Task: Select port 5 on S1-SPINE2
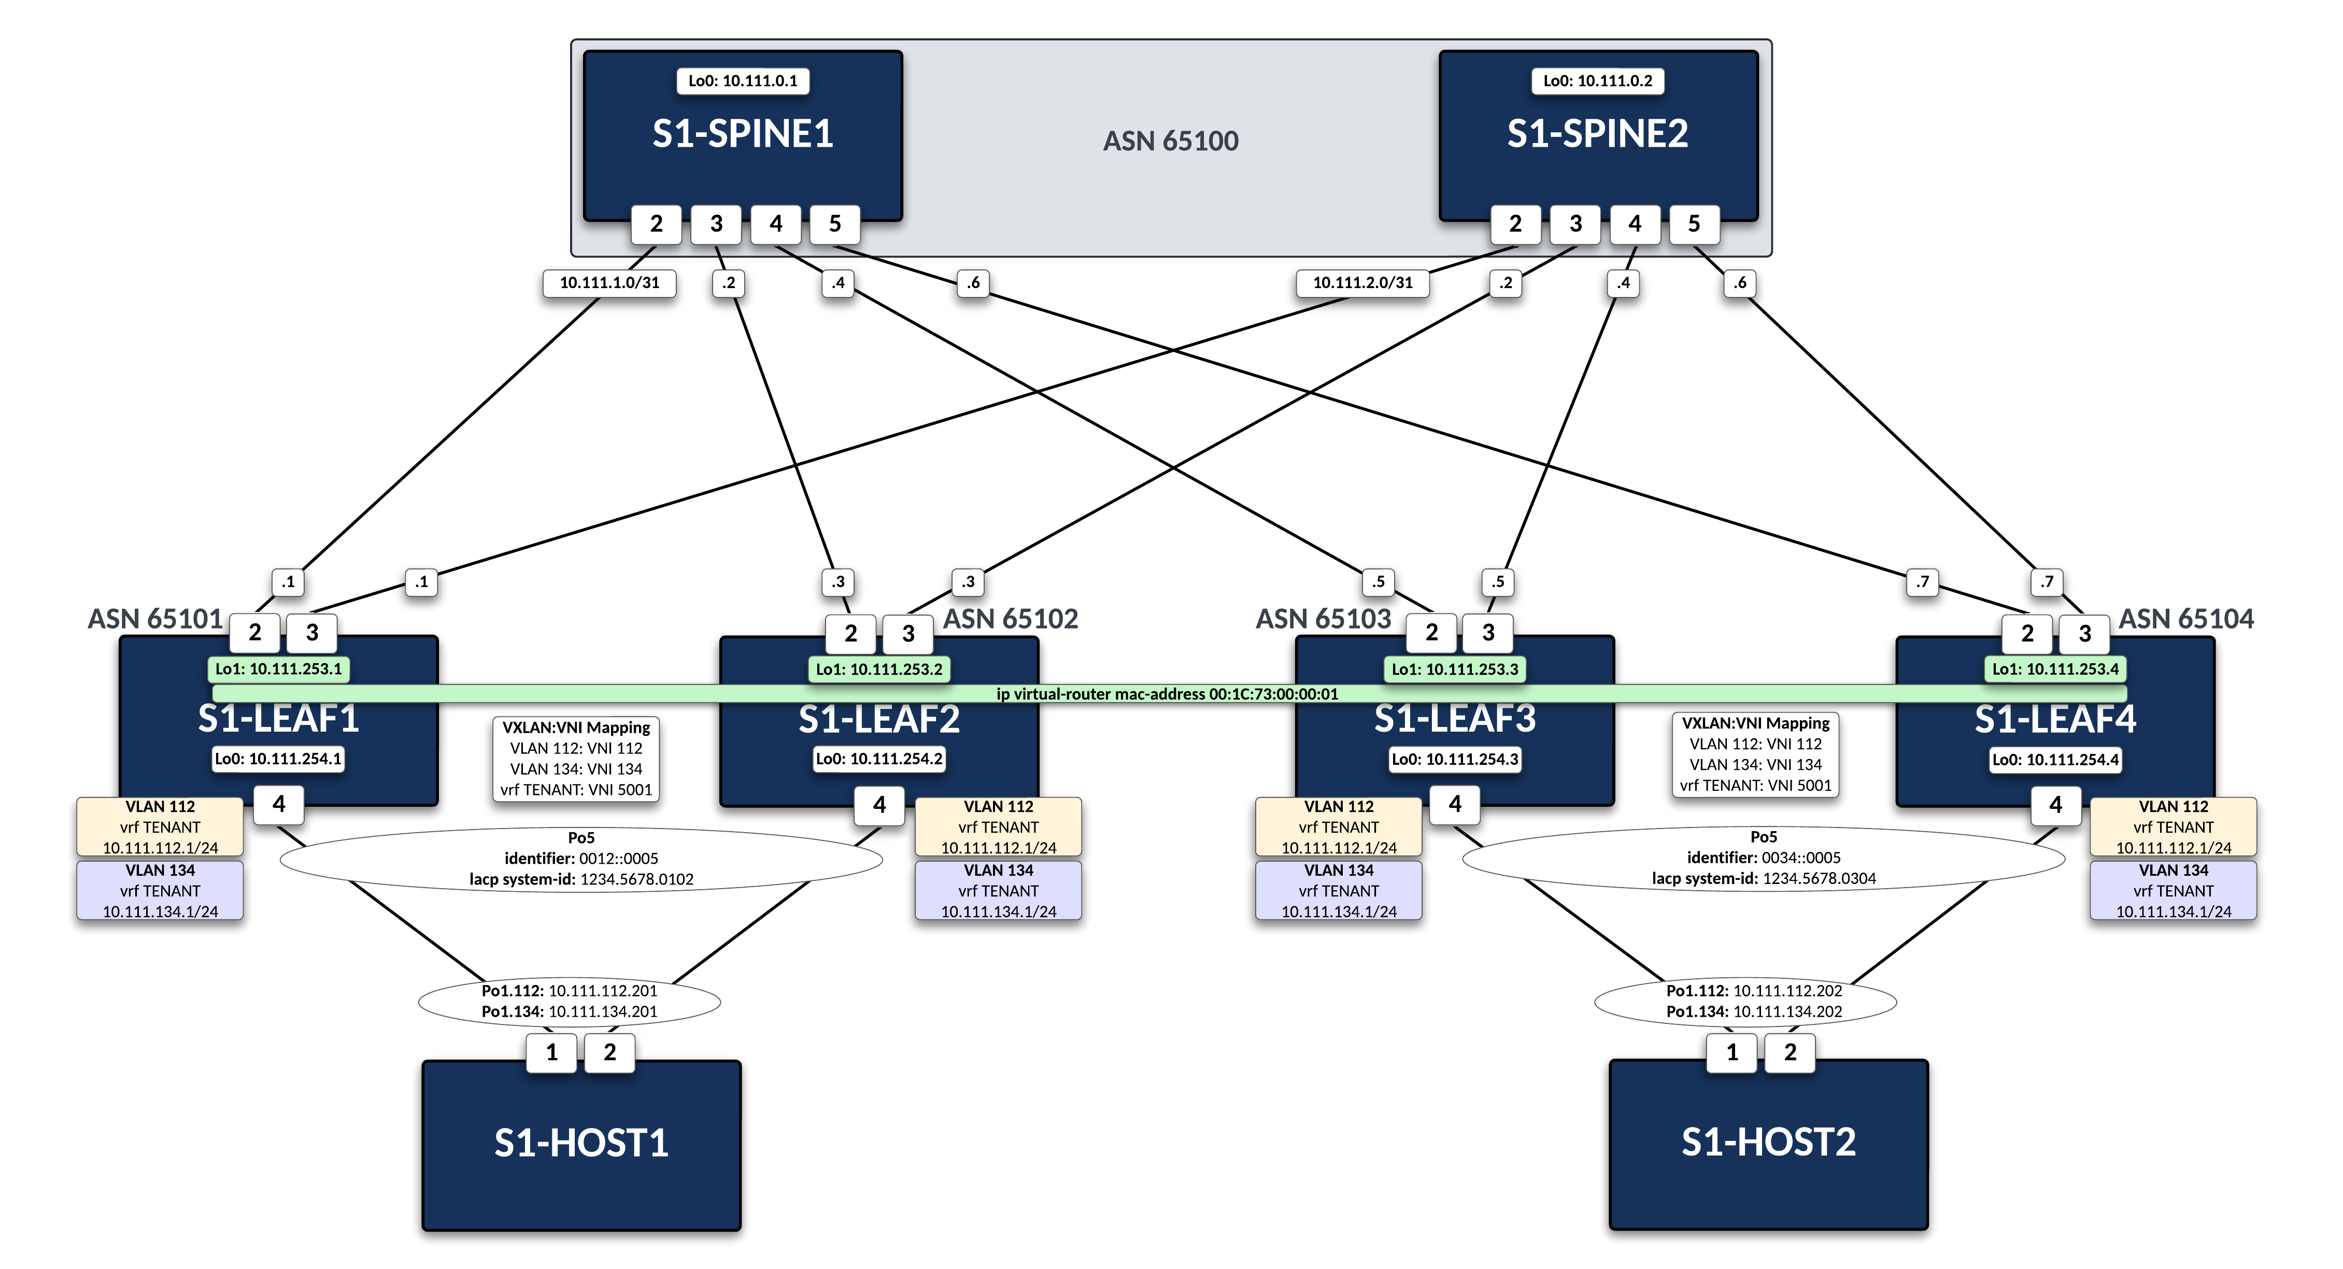coord(1694,224)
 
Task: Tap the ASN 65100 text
coord(1171,141)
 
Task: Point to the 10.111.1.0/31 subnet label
coord(609,283)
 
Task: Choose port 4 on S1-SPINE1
coord(776,224)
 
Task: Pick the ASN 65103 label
coord(1324,620)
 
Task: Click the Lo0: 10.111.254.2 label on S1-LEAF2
coord(878,759)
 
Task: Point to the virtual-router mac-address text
coord(1167,694)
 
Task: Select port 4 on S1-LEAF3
coord(1455,804)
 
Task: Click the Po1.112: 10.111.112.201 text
coord(570,991)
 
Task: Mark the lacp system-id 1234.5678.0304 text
coord(1764,879)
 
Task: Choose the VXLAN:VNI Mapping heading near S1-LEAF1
coord(576,728)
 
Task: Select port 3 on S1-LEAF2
coord(908,633)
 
